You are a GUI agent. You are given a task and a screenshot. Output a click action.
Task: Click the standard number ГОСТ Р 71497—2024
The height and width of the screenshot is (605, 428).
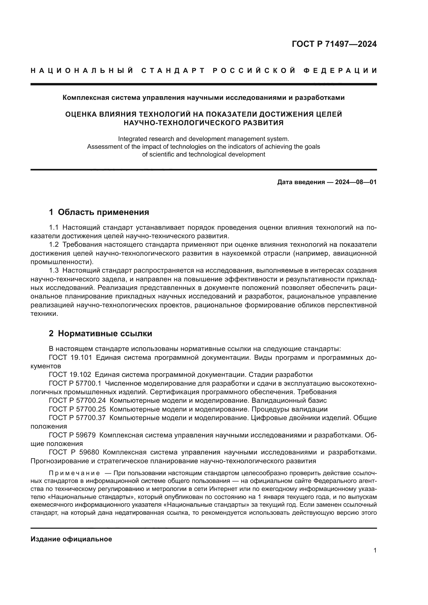coord(334,44)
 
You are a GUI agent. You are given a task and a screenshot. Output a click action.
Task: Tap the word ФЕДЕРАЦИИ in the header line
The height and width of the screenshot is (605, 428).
coord(340,71)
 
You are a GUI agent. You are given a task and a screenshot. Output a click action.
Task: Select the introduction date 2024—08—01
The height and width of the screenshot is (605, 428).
coord(356,182)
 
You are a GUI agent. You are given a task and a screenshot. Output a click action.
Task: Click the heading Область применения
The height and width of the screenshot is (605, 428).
coord(103,212)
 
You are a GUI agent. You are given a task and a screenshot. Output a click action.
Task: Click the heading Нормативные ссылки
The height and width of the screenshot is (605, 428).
coord(105,334)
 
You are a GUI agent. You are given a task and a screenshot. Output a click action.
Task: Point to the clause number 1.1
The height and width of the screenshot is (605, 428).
coord(54,227)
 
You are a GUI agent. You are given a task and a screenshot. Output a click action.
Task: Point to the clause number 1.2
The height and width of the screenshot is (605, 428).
coord(54,245)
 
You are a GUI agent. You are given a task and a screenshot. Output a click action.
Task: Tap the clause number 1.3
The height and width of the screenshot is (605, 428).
coord(54,271)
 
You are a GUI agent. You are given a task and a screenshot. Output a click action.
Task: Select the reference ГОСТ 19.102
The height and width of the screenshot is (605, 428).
coord(70,375)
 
